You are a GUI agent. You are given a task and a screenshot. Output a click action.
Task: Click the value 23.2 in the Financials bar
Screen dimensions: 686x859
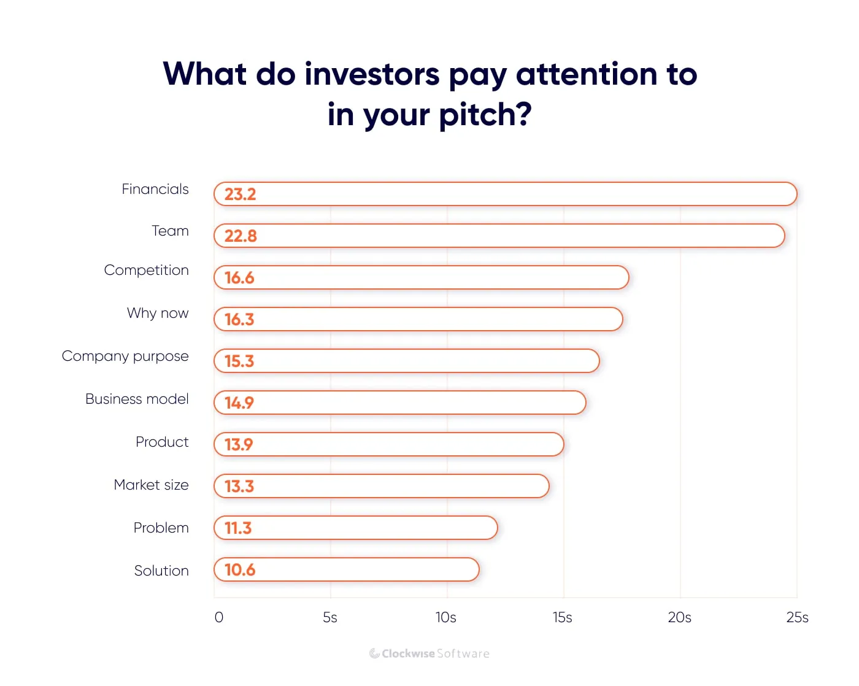tap(240, 195)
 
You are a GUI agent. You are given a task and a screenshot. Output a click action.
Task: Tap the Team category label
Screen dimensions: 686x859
tap(170, 231)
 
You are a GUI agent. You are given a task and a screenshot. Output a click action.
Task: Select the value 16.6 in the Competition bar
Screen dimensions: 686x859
tap(239, 278)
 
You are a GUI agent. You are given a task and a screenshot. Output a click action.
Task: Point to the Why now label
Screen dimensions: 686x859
tap(158, 314)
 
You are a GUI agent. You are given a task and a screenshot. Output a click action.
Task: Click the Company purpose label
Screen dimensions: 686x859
tap(125, 356)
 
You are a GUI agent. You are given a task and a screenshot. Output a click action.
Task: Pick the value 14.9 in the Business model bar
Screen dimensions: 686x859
tap(239, 403)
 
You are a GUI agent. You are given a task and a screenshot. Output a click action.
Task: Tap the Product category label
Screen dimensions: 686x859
tap(162, 442)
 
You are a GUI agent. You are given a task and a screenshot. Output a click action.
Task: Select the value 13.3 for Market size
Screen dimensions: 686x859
tap(239, 487)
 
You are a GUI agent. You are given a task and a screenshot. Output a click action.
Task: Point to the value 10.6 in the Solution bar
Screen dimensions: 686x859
tap(239, 570)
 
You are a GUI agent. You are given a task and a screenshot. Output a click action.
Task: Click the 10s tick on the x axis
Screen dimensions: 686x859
tap(446, 617)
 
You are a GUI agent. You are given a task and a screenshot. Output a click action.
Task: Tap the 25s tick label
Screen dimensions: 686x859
tap(797, 617)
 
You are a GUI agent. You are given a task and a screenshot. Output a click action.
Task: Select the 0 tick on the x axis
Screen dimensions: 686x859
tap(219, 617)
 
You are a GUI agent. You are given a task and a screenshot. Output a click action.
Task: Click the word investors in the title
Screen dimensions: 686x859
tap(372, 74)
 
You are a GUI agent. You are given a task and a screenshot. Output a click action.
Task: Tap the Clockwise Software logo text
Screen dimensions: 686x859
tap(429, 653)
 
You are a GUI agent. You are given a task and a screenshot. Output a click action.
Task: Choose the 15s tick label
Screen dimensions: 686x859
tap(562, 617)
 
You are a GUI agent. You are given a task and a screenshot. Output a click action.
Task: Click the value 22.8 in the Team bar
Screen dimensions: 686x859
tap(240, 236)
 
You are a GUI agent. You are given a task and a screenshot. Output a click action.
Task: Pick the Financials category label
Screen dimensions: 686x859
tap(155, 190)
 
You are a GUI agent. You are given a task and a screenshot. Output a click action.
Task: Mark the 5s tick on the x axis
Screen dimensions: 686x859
tap(330, 617)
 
